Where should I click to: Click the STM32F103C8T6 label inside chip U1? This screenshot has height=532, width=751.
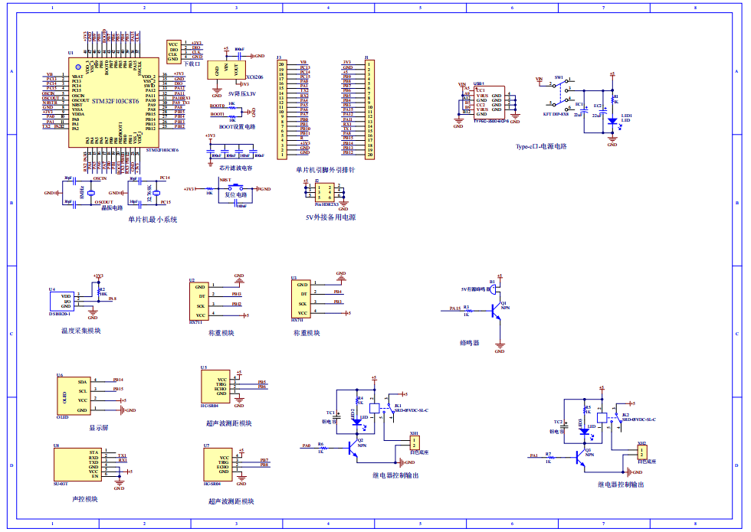pos(115,101)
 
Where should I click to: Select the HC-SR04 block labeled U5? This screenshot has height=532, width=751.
pos(214,388)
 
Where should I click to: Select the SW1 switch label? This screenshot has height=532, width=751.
pos(559,77)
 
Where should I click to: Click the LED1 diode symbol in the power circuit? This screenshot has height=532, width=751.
pos(612,120)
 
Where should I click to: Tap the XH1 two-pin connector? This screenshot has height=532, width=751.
pos(415,442)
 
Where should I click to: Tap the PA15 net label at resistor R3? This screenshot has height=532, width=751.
pos(454,310)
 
